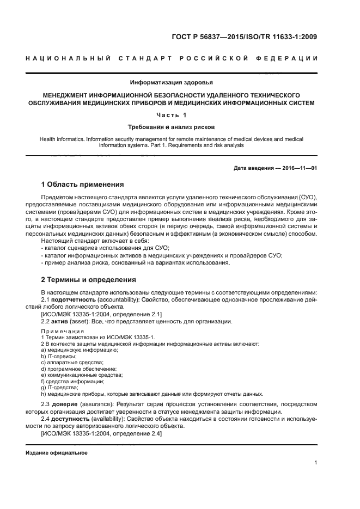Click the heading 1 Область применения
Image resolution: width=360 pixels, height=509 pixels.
(83, 184)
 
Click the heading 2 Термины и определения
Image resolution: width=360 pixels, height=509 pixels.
(89, 280)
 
